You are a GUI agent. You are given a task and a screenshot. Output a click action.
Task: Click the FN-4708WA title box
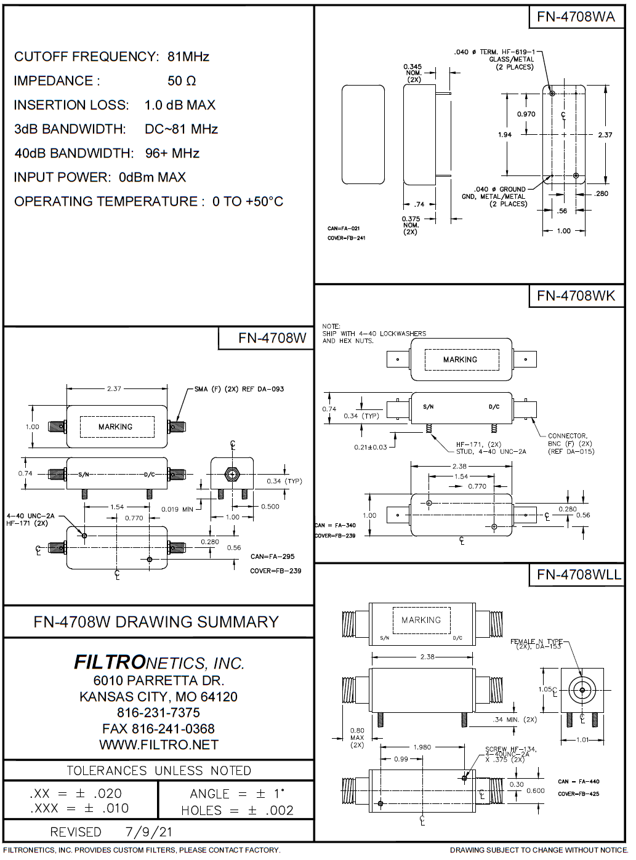click(x=576, y=17)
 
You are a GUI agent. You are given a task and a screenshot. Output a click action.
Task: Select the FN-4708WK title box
click(x=576, y=295)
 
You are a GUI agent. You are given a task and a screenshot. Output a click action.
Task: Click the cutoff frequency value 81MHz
click(x=188, y=57)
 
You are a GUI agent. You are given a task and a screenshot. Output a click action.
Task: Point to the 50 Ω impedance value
click(x=182, y=81)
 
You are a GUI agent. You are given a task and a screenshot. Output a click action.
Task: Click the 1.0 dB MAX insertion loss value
click(x=180, y=105)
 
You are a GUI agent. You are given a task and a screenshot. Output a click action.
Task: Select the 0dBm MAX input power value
click(x=152, y=177)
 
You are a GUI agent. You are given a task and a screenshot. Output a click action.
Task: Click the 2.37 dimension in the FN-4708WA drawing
click(x=605, y=135)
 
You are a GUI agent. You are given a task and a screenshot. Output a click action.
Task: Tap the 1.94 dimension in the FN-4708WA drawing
click(x=505, y=135)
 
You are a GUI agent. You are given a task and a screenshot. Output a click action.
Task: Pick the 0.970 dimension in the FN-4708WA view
click(x=526, y=114)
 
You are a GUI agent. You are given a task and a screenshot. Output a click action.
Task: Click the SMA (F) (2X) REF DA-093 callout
click(x=239, y=389)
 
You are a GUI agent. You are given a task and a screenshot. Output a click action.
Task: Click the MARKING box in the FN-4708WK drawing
click(x=460, y=360)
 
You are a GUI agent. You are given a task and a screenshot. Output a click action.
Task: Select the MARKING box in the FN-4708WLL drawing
click(x=421, y=620)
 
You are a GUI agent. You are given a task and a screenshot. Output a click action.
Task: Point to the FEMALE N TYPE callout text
click(x=536, y=643)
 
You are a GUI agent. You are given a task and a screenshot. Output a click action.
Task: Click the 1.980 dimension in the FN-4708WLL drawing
click(x=422, y=747)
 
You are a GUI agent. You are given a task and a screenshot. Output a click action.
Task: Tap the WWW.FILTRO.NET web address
click(x=159, y=745)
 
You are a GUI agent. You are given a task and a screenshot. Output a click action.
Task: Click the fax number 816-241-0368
click(x=159, y=729)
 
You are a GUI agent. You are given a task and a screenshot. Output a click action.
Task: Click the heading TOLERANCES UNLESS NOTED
click(x=159, y=771)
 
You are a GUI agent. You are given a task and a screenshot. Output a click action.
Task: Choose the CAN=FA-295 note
click(x=272, y=557)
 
